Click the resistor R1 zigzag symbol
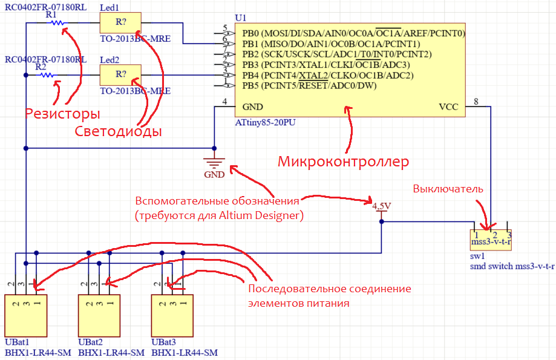point(56,23)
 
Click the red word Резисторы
point(62,114)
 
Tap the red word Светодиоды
point(118,131)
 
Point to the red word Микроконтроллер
point(343,162)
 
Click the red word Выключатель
point(448,189)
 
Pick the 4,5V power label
point(381,206)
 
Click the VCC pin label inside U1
point(448,107)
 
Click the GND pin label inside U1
point(252,107)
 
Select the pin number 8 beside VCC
point(476,102)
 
